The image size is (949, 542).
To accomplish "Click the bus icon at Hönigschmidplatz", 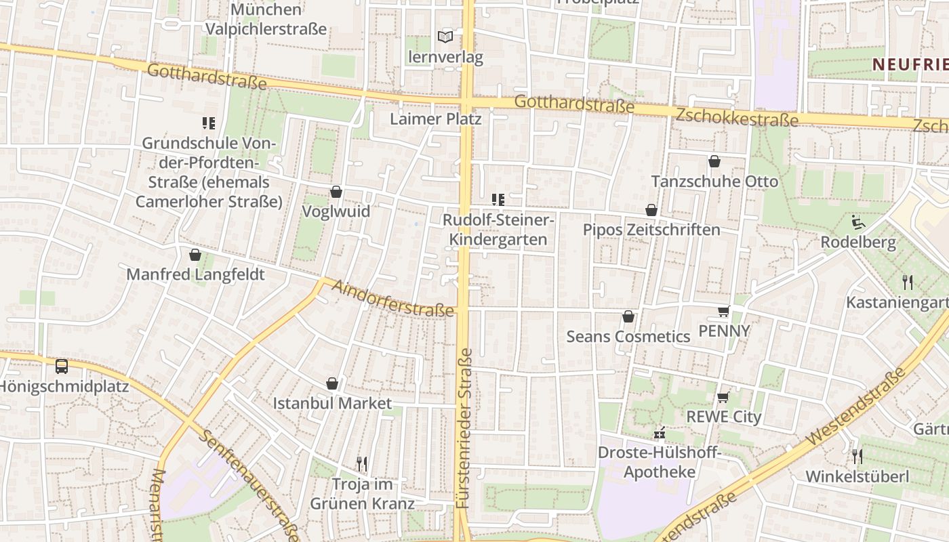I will tap(62, 367).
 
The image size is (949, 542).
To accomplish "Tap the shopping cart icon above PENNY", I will tap(723, 311).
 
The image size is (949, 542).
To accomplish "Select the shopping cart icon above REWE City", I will tap(723, 397).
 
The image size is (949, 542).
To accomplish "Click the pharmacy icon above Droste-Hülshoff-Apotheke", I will tap(659, 434).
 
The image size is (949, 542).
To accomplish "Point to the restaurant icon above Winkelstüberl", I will tap(857, 456).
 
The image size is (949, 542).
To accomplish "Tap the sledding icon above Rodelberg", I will tap(857, 222).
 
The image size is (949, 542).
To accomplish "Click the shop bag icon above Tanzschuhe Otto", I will tap(714, 161).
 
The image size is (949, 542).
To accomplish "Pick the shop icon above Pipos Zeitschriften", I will tap(651, 210).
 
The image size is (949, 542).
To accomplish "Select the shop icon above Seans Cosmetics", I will tap(628, 316).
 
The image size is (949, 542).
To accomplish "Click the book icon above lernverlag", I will tap(445, 37).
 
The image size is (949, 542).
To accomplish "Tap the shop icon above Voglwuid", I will tap(336, 192).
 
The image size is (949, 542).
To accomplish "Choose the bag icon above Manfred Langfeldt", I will tap(195, 255).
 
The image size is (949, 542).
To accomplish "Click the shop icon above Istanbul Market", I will tap(332, 383).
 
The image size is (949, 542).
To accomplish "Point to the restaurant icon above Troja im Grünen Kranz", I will tap(362, 464).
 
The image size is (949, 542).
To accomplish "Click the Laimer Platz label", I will tap(436, 119).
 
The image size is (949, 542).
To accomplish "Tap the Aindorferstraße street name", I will tap(392, 299).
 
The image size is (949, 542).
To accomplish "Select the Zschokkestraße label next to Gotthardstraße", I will tap(737, 117).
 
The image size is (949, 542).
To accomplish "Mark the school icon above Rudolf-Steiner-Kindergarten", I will tap(498, 200).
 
